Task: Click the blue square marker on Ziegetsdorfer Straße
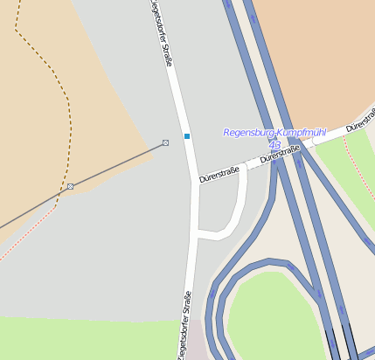coord(186,136)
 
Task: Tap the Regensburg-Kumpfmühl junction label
coord(274,133)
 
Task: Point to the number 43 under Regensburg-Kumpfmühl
coord(274,144)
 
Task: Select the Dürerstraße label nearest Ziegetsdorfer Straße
coord(219,176)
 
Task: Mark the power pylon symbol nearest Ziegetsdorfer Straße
coord(165,142)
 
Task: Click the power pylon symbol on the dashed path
coord(70,186)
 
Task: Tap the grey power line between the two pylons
coord(118,164)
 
